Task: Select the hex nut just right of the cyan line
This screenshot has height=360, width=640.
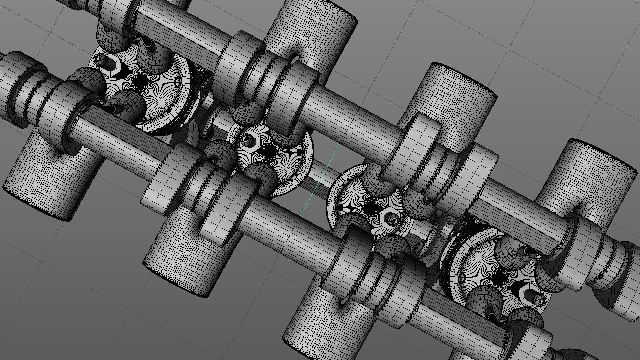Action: click(x=389, y=217)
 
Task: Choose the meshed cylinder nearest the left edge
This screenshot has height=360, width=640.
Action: click(x=50, y=173)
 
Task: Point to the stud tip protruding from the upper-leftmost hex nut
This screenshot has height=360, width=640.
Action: click(x=98, y=58)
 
